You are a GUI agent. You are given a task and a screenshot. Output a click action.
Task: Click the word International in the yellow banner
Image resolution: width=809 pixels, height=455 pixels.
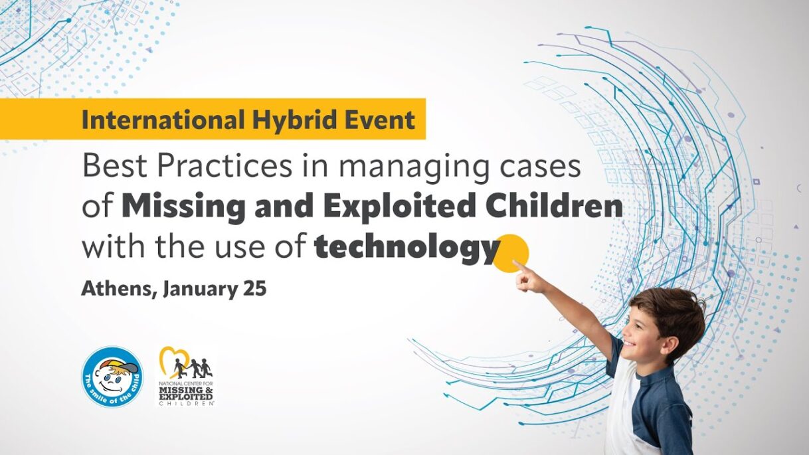[x=163, y=120]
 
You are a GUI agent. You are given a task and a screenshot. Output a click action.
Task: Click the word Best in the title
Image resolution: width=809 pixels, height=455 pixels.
[x=115, y=165]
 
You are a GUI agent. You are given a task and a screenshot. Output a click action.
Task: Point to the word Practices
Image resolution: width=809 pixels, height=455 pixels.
[x=225, y=165]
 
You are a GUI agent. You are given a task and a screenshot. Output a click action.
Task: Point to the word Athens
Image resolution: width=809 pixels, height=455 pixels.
[x=119, y=289]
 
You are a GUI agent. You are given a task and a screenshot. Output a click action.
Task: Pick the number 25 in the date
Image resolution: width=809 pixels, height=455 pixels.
[x=254, y=289]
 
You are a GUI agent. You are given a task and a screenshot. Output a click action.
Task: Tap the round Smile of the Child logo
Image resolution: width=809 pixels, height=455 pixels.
[x=112, y=377]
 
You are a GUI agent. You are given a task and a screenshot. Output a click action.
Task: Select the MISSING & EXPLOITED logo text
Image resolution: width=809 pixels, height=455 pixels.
[x=187, y=394]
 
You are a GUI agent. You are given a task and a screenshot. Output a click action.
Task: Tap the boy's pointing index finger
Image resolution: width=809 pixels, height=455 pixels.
[x=519, y=266]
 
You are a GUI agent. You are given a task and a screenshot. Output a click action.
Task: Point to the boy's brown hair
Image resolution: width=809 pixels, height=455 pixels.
[x=672, y=314]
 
